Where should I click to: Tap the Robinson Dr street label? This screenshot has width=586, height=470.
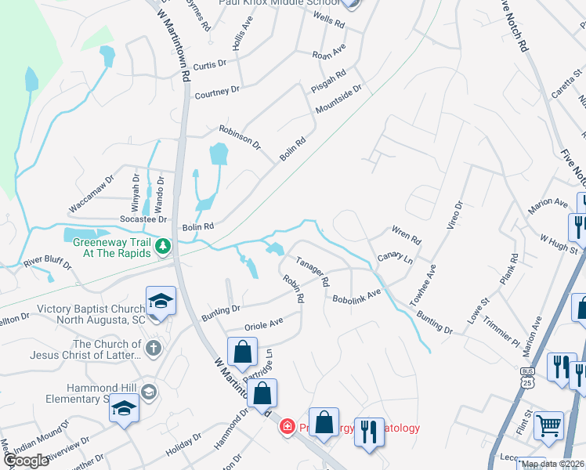point(239,136)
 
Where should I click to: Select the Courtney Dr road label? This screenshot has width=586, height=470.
point(217,93)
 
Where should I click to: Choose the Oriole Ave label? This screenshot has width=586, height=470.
point(264,324)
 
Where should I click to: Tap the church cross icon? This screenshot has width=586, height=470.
point(154,348)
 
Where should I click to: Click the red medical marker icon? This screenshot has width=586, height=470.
point(287,426)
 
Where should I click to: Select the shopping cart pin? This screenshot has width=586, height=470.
point(549,425)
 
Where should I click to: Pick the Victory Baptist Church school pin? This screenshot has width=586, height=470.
point(160,301)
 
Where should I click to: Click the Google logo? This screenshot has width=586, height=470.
point(26,461)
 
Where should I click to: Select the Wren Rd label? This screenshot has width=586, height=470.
point(406,234)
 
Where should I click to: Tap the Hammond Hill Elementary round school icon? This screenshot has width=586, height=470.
point(150,391)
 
